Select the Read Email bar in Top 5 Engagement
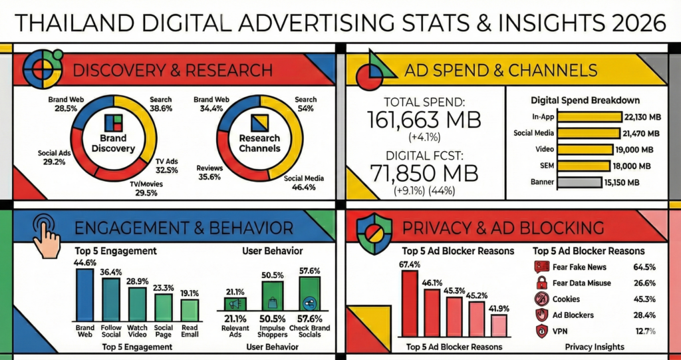point(190,310)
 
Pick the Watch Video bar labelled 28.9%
point(138,303)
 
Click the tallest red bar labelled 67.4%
point(410,303)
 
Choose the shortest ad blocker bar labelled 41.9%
point(498,325)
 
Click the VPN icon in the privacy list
point(541,331)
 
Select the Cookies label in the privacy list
point(566,299)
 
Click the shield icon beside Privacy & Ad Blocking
point(370,230)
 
